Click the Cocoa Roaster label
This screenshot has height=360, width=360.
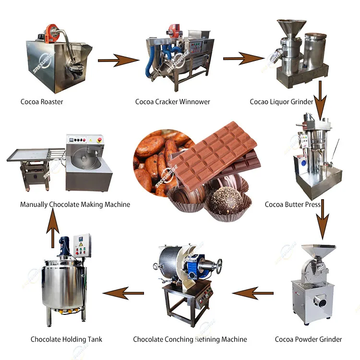tap(42, 102)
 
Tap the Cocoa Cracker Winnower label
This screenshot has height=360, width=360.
tap(172, 102)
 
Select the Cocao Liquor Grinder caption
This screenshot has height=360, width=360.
tap(281, 102)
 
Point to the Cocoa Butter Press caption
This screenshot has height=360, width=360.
tap(293, 204)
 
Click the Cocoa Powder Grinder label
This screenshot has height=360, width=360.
tap(308, 339)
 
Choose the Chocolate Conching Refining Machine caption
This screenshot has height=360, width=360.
tap(190, 339)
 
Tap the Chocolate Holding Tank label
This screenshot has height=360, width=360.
tap(66, 339)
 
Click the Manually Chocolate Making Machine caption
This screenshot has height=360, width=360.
tap(75, 204)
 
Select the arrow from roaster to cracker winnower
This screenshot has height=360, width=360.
tap(118, 60)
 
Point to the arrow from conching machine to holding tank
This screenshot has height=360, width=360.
tap(123, 293)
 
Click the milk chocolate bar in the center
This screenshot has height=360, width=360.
tap(214, 154)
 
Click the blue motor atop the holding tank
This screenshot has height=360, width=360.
tap(64, 248)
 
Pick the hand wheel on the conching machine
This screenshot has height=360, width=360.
tap(219, 265)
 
